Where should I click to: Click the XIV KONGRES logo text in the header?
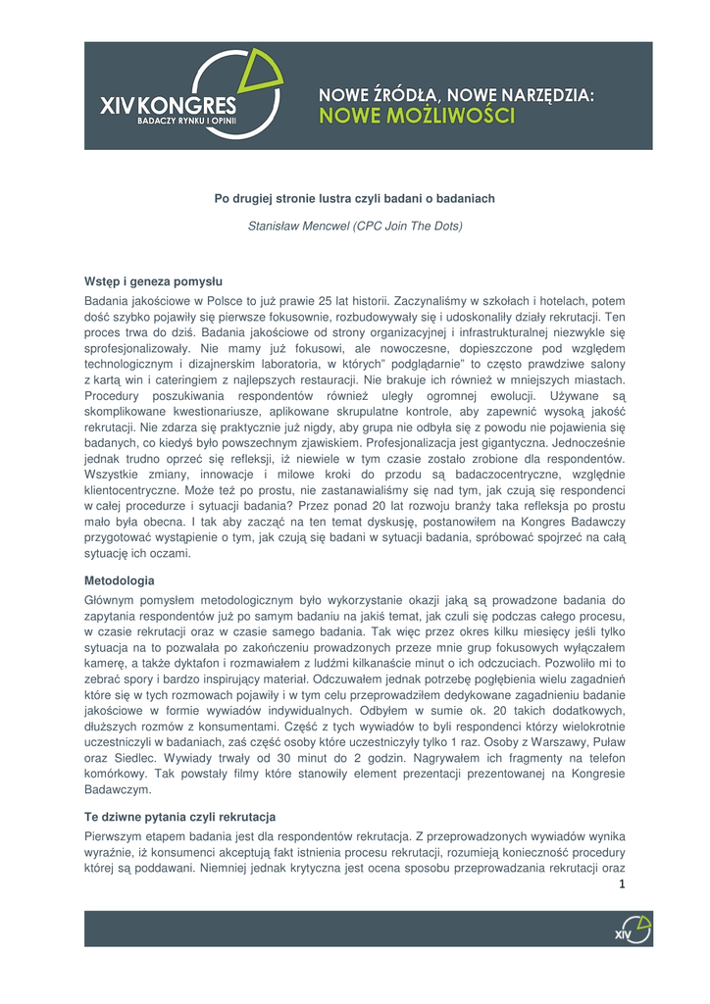tap(168, 105)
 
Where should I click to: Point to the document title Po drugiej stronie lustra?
tap(354, 198)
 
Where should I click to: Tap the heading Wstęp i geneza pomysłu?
tap(153, 280)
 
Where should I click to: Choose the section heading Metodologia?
tap(119, 580)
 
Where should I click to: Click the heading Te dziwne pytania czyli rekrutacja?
tap(179, 817)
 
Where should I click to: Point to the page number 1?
tap(622, 883)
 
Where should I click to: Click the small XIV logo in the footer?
tap(632, 929)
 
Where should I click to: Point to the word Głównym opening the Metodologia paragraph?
tap(111, 599)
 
